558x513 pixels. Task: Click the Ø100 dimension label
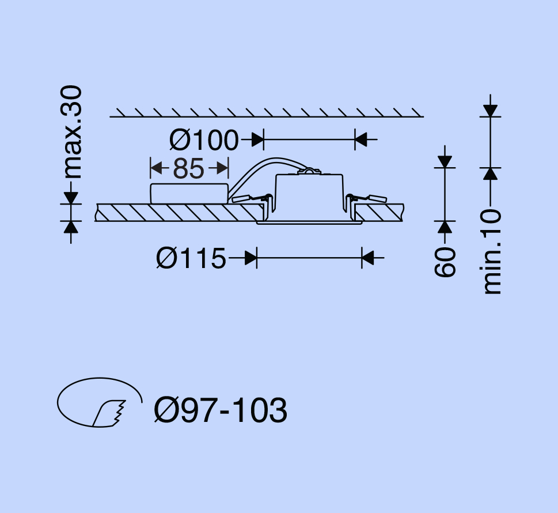click(203, 140)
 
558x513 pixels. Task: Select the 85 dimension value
click(189, 168)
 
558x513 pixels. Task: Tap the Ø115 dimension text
click(191, 258)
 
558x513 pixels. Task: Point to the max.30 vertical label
click(71, 132)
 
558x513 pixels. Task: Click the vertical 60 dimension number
click(445, 262)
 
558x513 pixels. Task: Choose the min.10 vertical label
click(492, 252)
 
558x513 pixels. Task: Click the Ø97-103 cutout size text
click(221, 410)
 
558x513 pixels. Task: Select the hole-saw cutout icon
click(100, 402)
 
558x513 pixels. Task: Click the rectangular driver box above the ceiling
click(189, 194)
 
